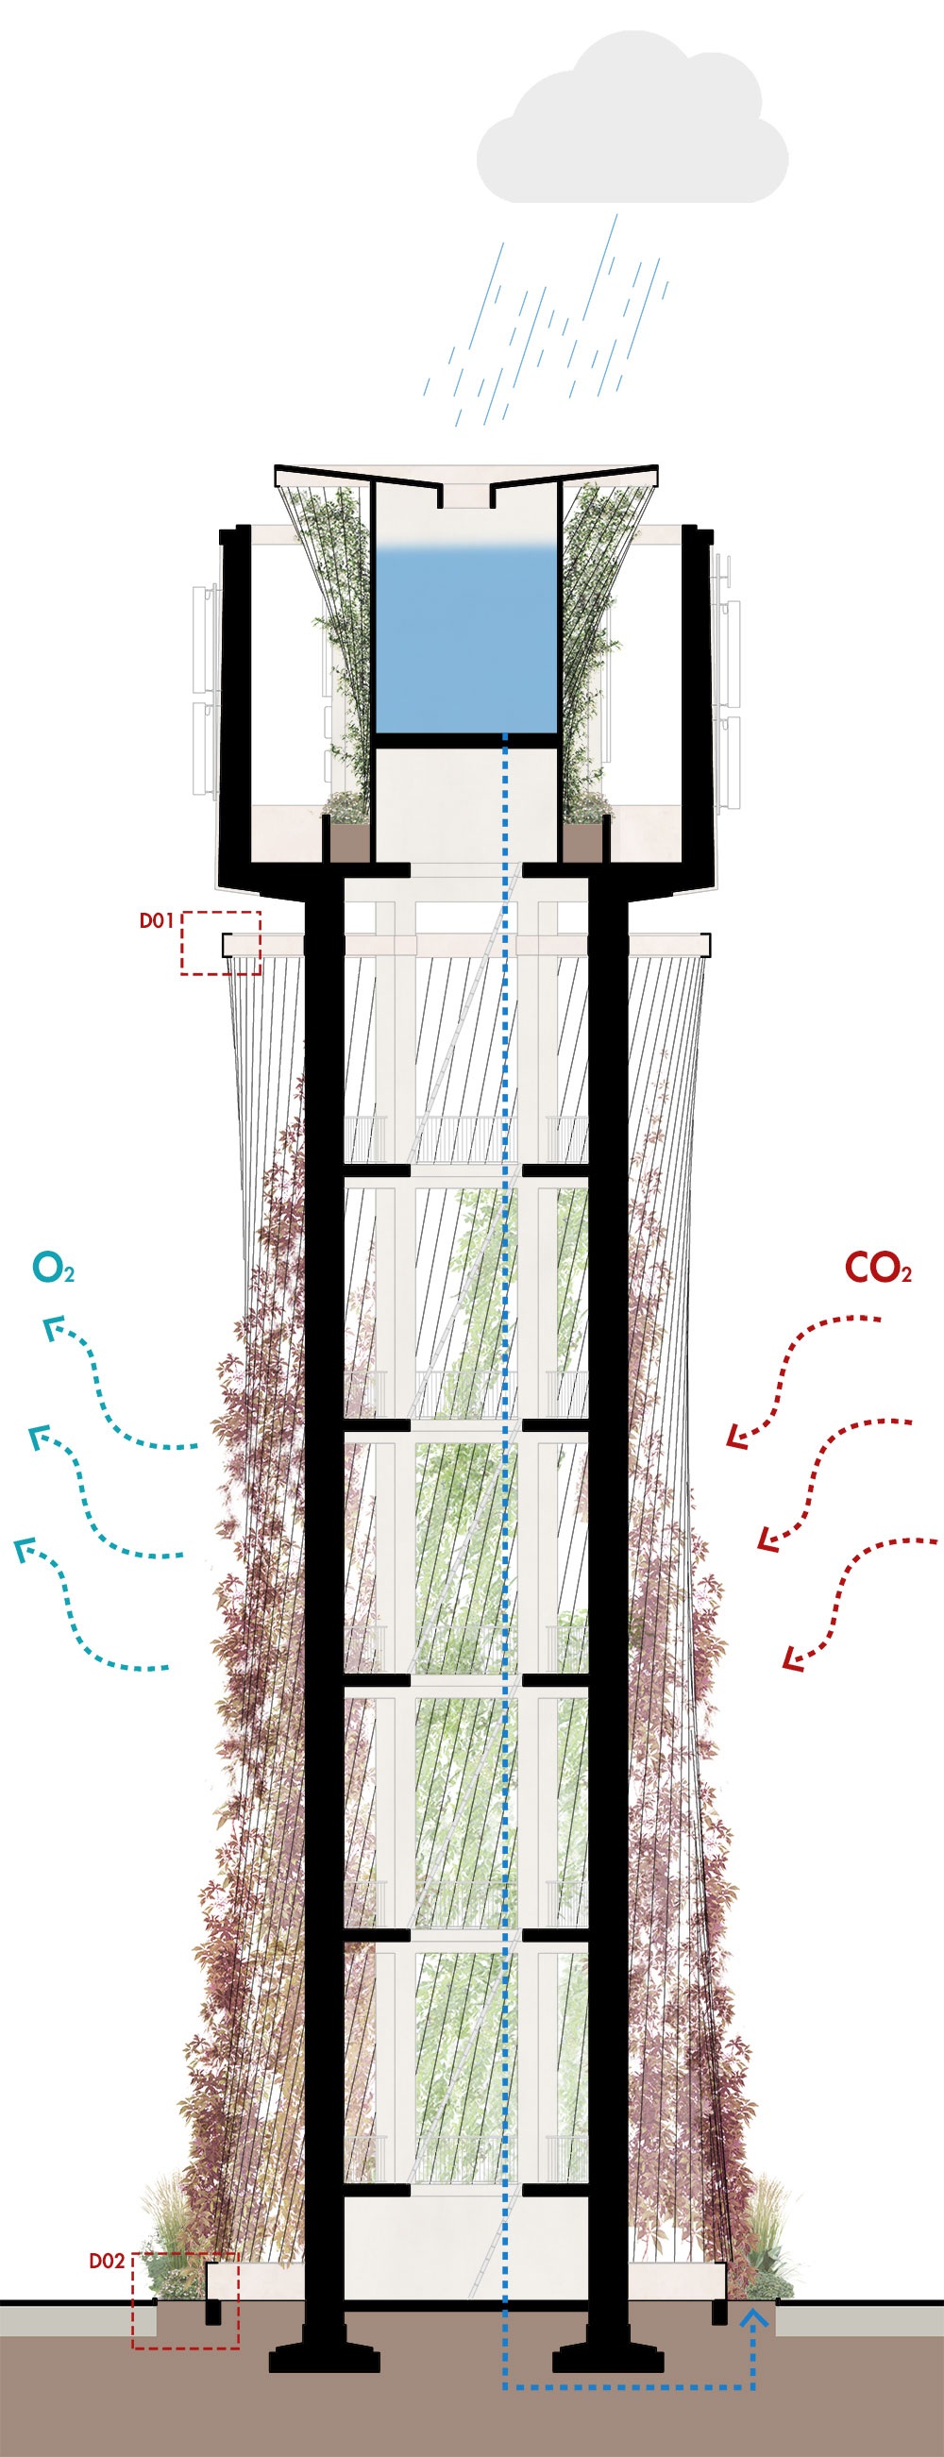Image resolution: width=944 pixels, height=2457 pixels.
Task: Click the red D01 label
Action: [x=157, y=920]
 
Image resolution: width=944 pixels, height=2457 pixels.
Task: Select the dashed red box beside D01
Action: [x=221, y=942]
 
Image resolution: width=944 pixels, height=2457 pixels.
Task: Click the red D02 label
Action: [x=107, y=2261]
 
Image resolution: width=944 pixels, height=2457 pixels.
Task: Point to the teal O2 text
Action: [x=53, y=1269]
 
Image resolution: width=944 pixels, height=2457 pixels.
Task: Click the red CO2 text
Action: [x=877, y=1268]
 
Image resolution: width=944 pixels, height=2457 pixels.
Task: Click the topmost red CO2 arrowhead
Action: [x=736, y=1437]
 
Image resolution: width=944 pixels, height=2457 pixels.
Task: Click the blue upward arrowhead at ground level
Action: [x=753, y=2314]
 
